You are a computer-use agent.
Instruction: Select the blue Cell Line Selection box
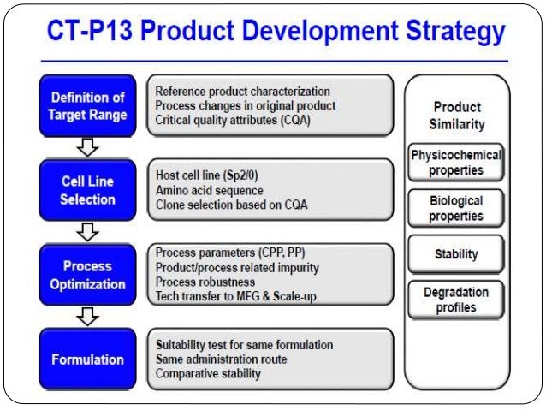tap(86, 191)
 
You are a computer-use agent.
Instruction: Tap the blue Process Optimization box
tap(86, 275)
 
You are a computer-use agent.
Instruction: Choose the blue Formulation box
tap(86, 359)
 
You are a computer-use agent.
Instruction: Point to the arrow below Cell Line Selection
tap(86, 232)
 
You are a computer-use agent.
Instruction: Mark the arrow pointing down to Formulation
tap(86, 317)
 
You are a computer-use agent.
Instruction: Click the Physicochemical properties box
tap(456, 163)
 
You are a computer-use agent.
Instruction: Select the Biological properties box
tap(456, 207)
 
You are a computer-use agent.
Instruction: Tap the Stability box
tap(456, 253)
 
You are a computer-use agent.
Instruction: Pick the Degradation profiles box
tap(456, 300)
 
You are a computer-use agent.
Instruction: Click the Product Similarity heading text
tap(457, 116)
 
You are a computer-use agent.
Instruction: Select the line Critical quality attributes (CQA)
tap(233, 120)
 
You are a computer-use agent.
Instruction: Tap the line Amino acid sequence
tap(210, 189)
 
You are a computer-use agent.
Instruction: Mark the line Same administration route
tap(222, 359)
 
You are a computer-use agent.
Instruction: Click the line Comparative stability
tap(208, 373)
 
